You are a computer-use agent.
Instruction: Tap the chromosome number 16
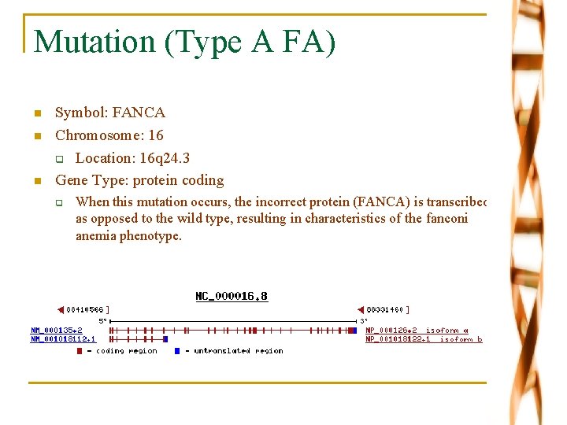(155, 135)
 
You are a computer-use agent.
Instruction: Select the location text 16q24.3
(162, 158)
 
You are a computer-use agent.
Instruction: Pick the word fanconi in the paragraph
(446, 218)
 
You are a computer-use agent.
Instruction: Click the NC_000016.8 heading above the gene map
(232, 297)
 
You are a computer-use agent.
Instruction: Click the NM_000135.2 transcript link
(57, 331)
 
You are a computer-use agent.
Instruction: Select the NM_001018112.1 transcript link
(63, 339)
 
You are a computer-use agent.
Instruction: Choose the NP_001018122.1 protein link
(398, 339)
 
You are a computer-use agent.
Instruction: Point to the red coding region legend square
(79, 351)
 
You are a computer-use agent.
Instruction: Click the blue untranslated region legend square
(177, 351)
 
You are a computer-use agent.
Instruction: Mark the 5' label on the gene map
(102, 321)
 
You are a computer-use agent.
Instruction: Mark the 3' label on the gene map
(363, 321)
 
